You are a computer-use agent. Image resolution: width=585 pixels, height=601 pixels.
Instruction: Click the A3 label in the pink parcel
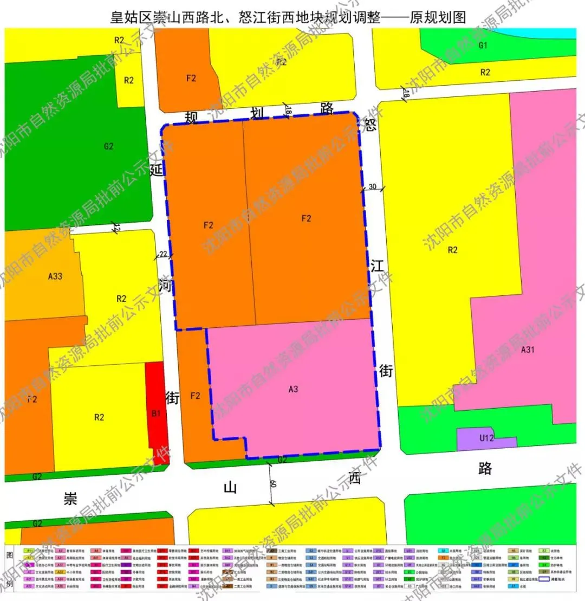tap(294, 389)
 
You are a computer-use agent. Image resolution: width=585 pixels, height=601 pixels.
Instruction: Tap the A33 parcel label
tap(55, 276)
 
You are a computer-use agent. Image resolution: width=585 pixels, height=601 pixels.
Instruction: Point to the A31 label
tap(528, 350)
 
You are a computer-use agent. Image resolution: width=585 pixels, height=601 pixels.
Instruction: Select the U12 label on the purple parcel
tap(487, 438)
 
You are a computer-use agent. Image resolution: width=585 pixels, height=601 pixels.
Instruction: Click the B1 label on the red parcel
tap(157, 413)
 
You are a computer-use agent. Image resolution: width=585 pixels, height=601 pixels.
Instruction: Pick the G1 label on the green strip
tap(483, 45)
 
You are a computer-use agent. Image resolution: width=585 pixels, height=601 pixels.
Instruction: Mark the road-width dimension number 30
tap(373, 186)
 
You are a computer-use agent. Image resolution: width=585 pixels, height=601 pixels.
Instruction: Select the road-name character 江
tap(378, 266)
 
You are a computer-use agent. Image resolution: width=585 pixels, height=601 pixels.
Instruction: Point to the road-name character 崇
tap(69, 497)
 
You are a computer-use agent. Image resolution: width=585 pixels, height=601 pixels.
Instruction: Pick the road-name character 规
tap(192, 117)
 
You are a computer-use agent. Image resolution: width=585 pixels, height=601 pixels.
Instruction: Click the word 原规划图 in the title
tap(438, 17)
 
